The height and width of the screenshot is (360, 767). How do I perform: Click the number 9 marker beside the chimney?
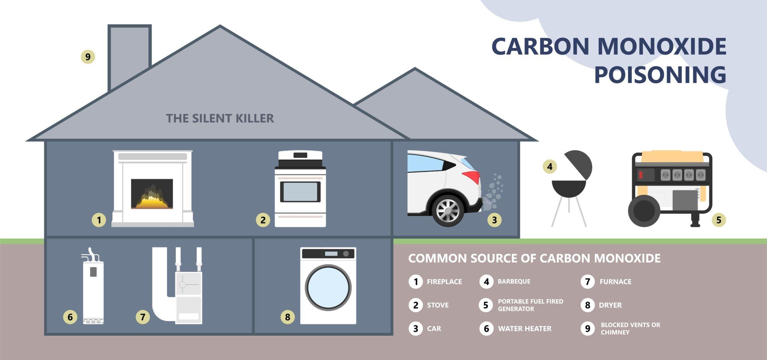click(88, 57)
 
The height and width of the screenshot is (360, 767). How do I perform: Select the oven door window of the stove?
click(300, 192)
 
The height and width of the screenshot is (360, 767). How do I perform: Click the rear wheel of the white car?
click(448, 210)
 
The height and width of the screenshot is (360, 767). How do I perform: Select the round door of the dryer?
click(328, 287)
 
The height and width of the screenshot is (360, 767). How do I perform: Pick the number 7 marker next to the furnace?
click(143, 317)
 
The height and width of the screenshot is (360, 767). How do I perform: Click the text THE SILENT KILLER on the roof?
click(220, 118)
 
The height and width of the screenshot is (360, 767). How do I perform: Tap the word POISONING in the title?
click(660, 75)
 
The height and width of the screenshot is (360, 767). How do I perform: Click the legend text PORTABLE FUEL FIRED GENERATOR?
click(530, 305)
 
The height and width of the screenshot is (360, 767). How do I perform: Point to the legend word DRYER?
click(610, 305)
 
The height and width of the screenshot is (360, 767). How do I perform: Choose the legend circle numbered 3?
click(415, 329)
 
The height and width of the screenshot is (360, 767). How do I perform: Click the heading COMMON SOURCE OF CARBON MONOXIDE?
click(534, 258)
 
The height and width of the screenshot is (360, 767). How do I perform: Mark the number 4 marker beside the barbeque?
click(550, 166)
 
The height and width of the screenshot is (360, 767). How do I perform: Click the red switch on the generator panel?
click(641, 175)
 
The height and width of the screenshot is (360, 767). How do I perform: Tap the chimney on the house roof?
click(130, 56)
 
